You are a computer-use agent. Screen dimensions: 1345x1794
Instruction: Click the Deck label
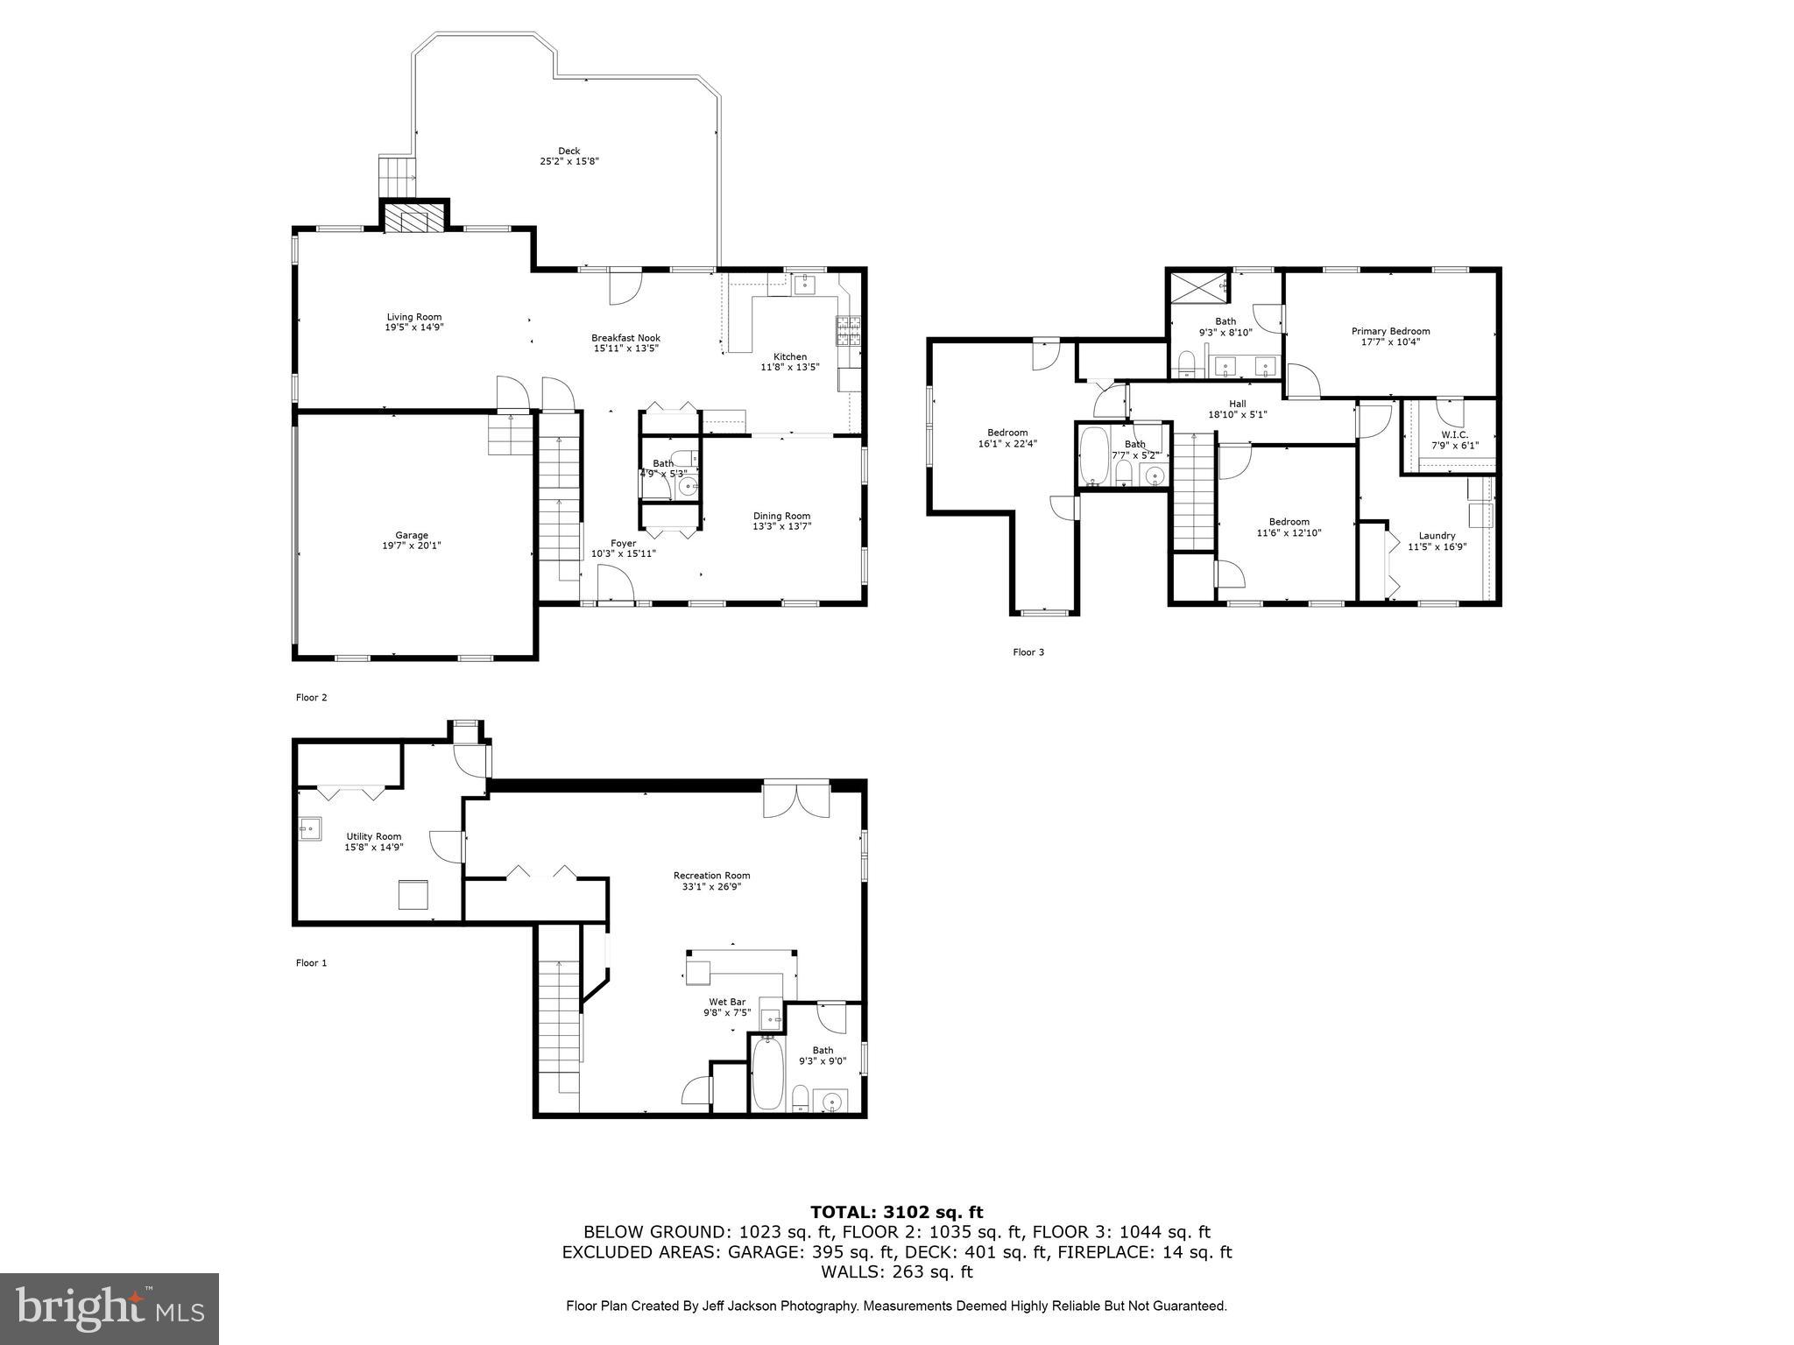coord(569,151)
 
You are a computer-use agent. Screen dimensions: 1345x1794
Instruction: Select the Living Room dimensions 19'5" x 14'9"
coord(414,327)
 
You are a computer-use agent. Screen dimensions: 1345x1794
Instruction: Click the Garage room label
coord(412,535)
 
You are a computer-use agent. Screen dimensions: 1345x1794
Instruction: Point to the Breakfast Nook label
coord(625,338)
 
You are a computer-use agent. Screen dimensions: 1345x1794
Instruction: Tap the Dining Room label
coord(781,516)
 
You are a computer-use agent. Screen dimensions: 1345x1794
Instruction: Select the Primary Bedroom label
coord(1390,331)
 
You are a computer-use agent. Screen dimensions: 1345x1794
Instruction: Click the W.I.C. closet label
coord(1454,434)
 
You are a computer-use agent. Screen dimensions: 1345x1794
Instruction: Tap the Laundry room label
coord(1437,536)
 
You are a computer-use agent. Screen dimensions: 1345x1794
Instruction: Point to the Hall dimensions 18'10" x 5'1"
coord(1237,415)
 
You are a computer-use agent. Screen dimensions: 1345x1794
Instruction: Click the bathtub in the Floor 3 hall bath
coord(1093,455)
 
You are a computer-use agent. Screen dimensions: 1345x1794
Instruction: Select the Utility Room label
coord(373,836)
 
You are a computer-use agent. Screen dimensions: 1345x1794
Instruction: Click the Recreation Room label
coord(711,876)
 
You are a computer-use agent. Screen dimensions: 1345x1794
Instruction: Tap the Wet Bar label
coord(726,1002)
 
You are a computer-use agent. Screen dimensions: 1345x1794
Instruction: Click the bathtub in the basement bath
coord(767,1074)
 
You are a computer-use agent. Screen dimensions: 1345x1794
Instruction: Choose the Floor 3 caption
coord(1028,652)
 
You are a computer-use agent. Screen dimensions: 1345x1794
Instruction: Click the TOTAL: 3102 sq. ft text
coord(896,1212)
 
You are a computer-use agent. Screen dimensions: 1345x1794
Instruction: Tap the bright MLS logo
coord(109,1309)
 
